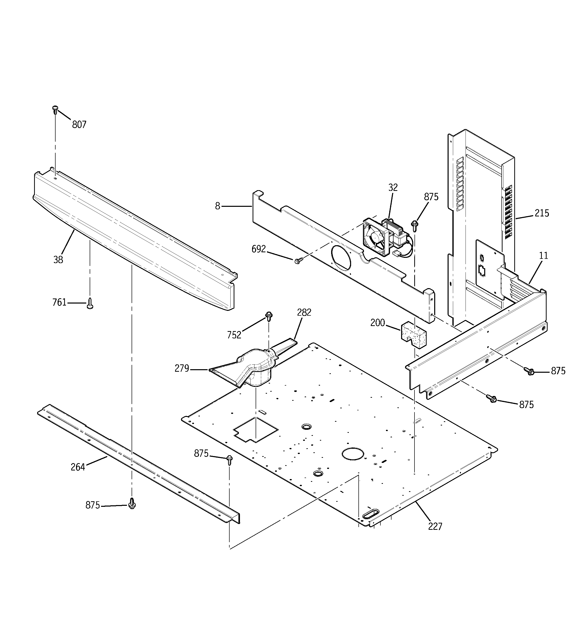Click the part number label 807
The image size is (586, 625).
coord(79,125)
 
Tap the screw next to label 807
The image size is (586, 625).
coord(55,109)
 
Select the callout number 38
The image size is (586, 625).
coord(58,260)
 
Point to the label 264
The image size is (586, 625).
coord(78,467)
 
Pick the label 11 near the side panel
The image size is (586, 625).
coord(543,256)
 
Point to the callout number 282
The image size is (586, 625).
coord(304,312)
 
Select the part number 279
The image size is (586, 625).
coord(182,368)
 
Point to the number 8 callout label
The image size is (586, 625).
coord(217,206)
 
